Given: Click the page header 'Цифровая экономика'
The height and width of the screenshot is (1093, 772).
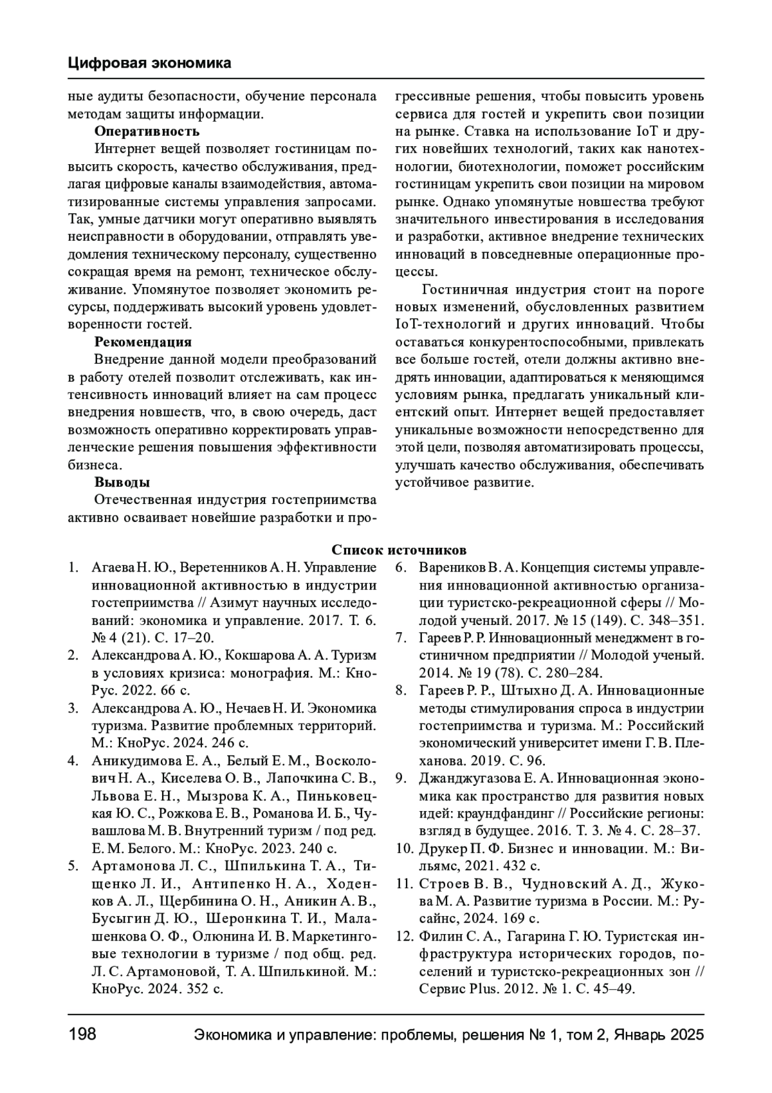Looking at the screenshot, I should click(149, 63).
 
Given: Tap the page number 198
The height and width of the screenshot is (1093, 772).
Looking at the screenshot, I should click(82, 1034).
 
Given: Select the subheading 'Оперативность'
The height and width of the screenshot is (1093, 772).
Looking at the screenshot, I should click(147, 131).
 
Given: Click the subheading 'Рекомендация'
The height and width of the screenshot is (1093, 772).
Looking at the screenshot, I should click(143, 342).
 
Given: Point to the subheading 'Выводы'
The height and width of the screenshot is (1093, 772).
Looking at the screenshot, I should click(122, 482).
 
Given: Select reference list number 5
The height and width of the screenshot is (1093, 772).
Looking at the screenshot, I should click(73, 864).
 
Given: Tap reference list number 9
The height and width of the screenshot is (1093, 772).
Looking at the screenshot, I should click(400, 778).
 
